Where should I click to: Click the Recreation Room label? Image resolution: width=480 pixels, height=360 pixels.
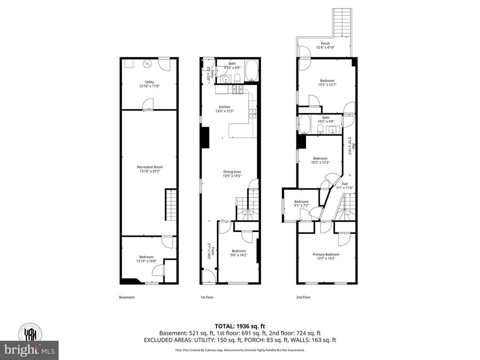[x=150, y=167]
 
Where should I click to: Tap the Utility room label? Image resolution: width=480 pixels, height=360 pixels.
[x=150, y=82]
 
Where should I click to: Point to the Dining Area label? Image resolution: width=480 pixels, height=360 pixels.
[x=232, y=172]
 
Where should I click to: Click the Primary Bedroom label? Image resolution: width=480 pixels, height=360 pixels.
[x=326, y=255]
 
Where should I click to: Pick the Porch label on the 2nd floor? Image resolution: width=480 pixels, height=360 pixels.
[x=325, y=44]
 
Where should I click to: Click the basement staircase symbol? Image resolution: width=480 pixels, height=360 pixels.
[x=171, y=205]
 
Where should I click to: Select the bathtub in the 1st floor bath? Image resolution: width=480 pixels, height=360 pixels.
[x=252, y=69]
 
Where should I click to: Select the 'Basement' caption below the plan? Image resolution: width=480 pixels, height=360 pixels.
[x=127, y=297]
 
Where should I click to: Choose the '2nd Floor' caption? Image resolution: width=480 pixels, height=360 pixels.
[x=304, y=297]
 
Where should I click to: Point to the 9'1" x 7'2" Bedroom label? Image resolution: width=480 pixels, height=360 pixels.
[x=301, y=203]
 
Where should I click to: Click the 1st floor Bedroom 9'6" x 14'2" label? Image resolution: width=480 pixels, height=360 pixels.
[x=239, y=253]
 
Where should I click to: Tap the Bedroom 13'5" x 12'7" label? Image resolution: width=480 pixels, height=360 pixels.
[x=327, y=82]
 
